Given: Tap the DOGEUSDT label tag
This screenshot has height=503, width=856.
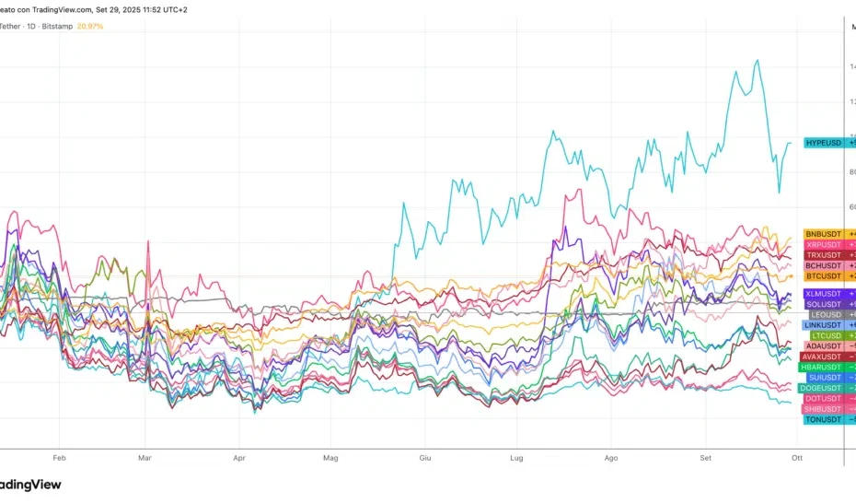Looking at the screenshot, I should pyautogui.click(x=822, y=388).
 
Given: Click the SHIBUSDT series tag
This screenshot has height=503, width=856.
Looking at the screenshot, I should pyautogui.click(x=823, y=409).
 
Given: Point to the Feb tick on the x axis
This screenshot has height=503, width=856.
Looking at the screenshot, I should pyautogui.click(x=60, y=457).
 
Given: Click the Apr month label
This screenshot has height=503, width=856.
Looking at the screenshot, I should pyautogui.click(x=240, y=457).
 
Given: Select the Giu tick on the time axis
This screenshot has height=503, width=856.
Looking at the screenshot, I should pyautogui.click(x=425, y=457).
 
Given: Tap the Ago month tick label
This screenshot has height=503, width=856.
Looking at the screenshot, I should pyautogui.click(x=611, y=457).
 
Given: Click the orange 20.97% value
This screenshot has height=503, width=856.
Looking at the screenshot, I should pyautogui.click(x=90, y=26).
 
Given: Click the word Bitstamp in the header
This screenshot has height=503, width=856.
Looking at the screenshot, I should pyautogui.click(x=58, y=26).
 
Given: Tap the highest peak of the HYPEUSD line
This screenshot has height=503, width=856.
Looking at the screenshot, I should pyautogui.click(x=757, y=61).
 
